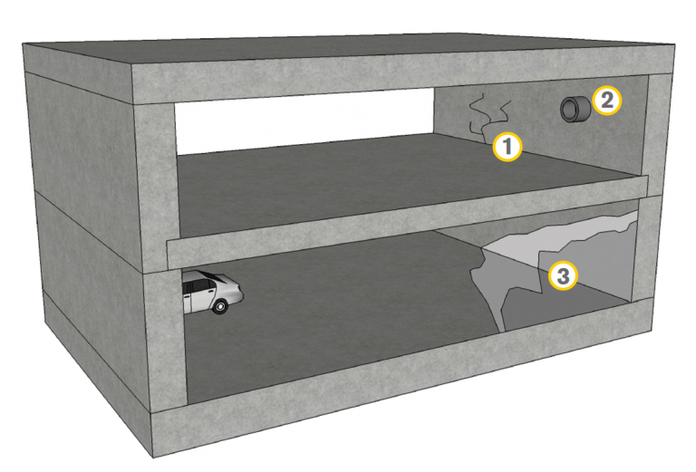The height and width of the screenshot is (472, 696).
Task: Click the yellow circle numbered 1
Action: coord(507,146)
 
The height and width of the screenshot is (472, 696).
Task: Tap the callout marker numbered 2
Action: coord(607,101)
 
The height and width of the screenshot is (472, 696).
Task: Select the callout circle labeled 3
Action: coord(563,276)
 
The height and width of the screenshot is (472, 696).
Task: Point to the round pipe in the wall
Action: coord(575,109)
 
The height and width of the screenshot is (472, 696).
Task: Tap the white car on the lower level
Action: coord(213,293)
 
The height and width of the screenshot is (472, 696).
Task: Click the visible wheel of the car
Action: coord(220,306)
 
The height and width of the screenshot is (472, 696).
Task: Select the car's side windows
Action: coord(200,287)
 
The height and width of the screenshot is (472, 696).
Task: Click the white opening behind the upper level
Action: coord(304,121)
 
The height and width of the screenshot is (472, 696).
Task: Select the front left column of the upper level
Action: coord(155,187)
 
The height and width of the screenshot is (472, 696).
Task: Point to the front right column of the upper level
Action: coord(661,135)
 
